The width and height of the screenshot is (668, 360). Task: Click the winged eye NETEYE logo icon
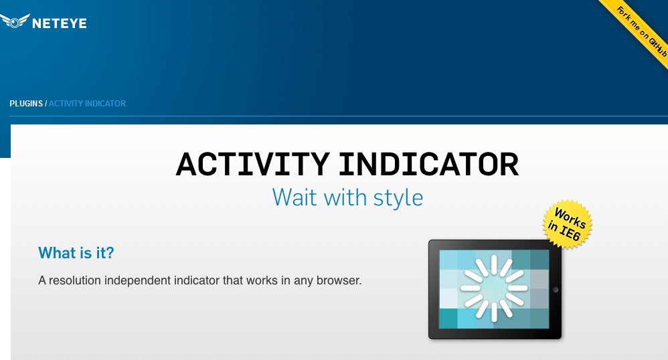15,21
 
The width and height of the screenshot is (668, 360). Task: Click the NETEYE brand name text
59,23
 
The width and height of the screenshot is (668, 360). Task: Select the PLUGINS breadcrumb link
26,104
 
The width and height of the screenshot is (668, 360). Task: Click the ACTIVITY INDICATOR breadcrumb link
87,104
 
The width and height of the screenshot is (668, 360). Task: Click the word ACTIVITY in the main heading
252,165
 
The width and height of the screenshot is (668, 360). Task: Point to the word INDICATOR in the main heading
429,165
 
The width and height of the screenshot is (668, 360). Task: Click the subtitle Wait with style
347,197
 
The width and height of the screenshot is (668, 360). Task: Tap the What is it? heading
76,253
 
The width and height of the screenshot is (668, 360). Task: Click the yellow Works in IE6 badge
567,224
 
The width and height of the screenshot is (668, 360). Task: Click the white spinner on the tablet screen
494,288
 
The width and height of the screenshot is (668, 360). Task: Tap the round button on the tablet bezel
555,290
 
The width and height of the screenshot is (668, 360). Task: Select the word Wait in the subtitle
295,197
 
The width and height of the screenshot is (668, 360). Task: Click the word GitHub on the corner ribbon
657,47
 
